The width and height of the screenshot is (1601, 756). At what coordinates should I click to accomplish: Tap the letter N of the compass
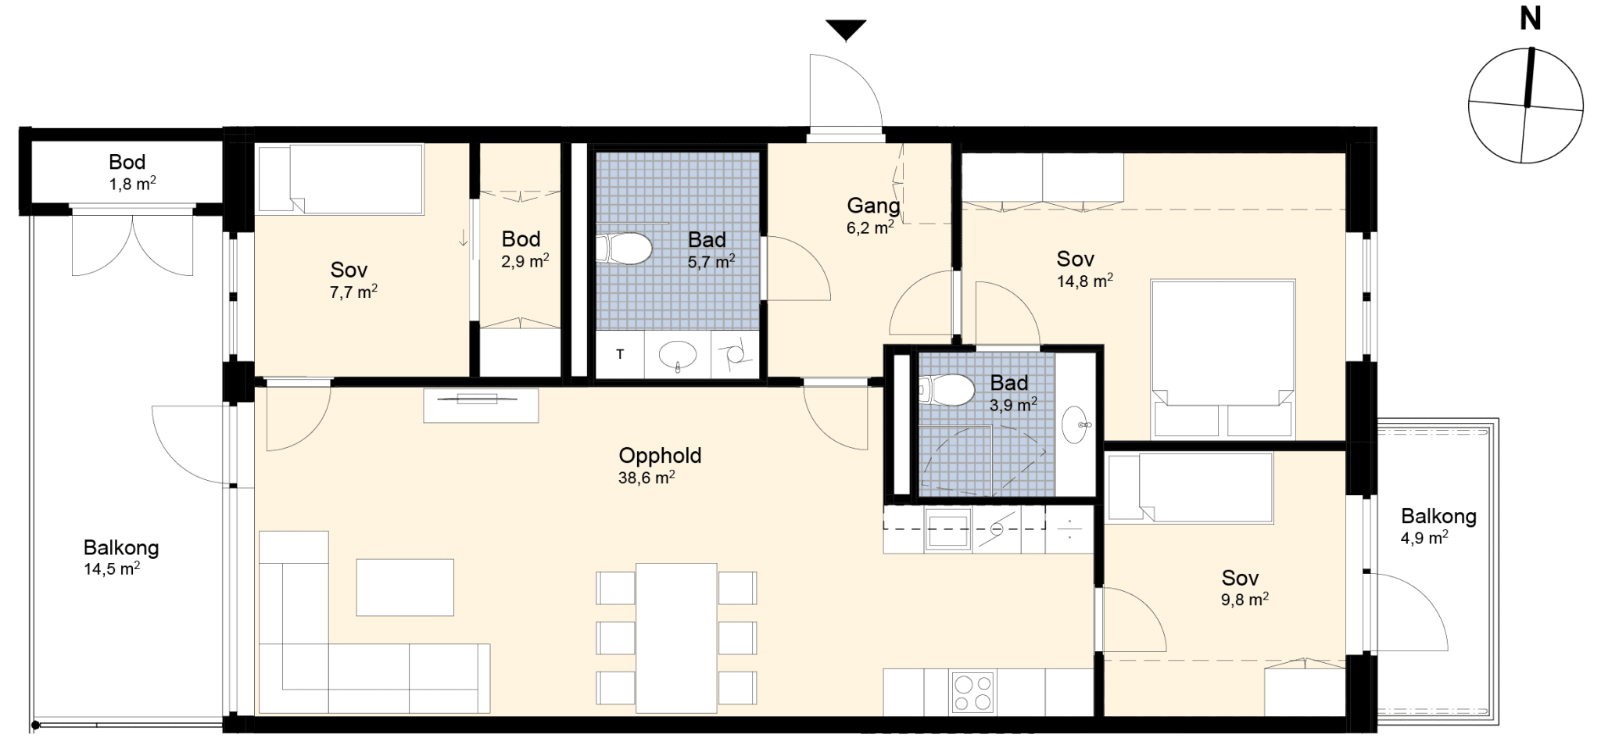(1529, 18)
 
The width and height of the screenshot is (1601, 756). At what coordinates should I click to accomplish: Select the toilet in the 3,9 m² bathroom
(947, 390)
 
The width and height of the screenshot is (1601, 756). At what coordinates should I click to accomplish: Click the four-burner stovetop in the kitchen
(972, 692)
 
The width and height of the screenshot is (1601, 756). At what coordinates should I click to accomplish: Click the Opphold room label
(660, 455)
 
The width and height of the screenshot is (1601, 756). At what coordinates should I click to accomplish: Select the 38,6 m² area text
(646, 477)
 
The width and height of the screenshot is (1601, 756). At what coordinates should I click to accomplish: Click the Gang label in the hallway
(873, 206)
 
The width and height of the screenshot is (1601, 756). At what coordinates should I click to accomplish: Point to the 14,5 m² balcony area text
(112, 568)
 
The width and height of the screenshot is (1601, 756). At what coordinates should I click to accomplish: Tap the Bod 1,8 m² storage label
(127, 172)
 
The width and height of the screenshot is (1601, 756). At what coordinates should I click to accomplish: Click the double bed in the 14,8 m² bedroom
(1223, 358)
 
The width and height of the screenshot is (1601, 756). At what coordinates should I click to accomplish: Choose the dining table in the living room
(676, 638)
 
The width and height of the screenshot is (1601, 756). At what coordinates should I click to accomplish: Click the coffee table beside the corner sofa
(405, 587)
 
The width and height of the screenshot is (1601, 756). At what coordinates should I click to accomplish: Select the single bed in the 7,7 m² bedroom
(341, 178)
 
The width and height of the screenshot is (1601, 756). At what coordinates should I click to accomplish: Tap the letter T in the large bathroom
(620, 355)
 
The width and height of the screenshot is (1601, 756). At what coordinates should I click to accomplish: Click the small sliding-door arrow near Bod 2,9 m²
(464, 237)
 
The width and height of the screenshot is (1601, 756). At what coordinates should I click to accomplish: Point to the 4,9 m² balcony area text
(1424, 537)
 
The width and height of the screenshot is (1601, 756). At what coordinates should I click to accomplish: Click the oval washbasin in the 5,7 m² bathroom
(678, 356)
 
